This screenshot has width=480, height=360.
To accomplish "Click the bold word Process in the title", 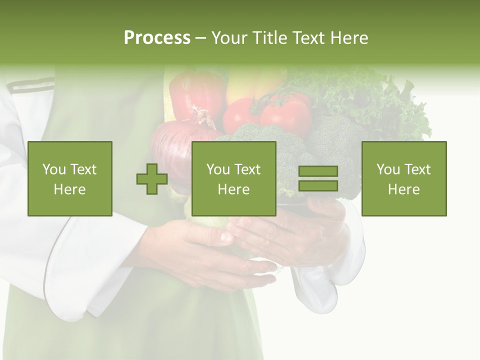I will click(157, 38).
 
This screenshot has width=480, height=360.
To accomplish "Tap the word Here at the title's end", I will click(349, 38).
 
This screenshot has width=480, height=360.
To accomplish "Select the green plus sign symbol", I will click(152, 179).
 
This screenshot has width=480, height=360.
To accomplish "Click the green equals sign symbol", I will click(318, 178).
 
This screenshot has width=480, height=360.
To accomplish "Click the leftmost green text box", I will click(69, 178).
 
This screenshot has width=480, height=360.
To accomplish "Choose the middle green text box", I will click(233, 178).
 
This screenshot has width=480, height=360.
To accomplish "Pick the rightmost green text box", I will click(403, 178).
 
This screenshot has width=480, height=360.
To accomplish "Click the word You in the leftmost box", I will click(54, 169).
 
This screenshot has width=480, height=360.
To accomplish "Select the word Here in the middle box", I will click(233, 189).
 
